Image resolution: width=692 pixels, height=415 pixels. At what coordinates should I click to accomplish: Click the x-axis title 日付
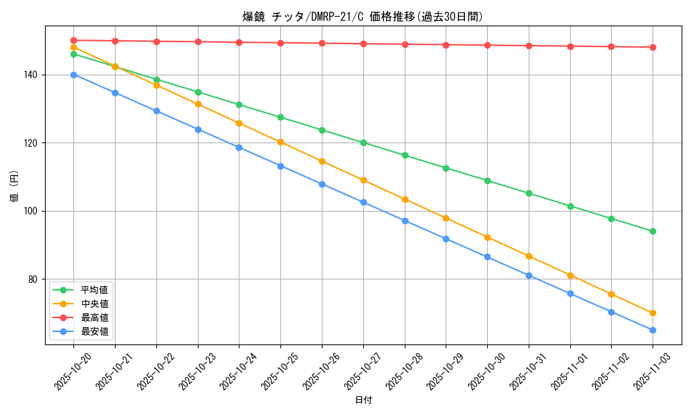click(x=363, y=400)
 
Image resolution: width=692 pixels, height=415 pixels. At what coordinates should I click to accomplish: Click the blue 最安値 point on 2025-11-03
click(x=653, y=330)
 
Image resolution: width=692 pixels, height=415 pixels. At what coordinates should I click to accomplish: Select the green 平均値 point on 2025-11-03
click(x=653, y=231)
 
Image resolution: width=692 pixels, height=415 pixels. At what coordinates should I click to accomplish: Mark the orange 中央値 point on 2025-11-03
click(x=653, y=313)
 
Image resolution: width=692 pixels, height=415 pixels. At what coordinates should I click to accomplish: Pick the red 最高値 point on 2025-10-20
click(x=73, y=40)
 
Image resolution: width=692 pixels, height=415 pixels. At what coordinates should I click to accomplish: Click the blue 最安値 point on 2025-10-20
click(x=73, y=75)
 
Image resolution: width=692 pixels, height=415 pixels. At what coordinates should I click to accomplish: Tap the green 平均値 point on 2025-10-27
click(x=363, y=142)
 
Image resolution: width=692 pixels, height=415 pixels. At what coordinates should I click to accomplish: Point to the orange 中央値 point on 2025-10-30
click(x=487, y=237)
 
